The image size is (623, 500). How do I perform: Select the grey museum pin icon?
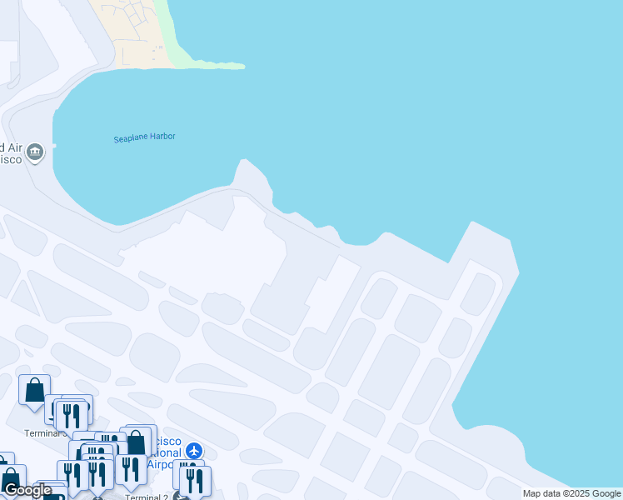pyautogui.click(x=35, y=152)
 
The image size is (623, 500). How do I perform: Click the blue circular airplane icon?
pyautogui.click(x=194, y=451)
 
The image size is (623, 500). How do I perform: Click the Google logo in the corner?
pyautogui.click(x=27, y=489)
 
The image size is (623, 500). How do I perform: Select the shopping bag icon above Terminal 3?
pyautogui.click(x=34, y=390)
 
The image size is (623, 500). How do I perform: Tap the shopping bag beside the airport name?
pyautogui.click(x=135, y=442)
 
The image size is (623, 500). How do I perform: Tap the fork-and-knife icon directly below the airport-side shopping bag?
pyautogui.click(x=130, y=469)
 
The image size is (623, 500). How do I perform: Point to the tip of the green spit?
pyautogui.click(x=242, y=66)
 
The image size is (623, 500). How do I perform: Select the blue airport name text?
pyautogui.click(x=163, y=452)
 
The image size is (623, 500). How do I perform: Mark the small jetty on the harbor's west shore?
pyautogui.click(x=54, y=146)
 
